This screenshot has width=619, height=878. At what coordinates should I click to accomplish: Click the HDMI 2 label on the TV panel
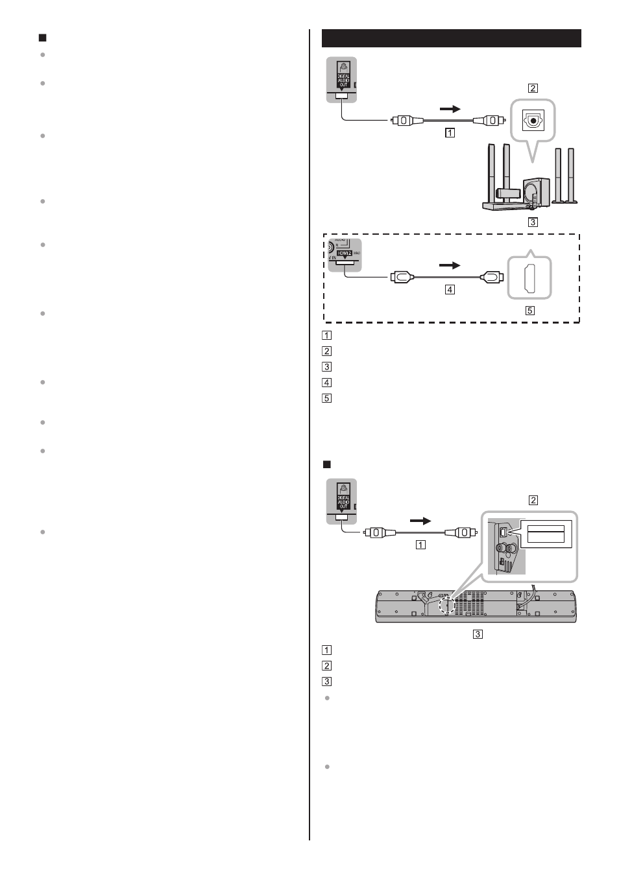click(x=343, y=253)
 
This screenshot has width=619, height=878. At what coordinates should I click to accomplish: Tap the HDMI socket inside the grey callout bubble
click(x=529, y=278)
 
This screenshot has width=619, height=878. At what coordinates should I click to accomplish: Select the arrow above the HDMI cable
click(x=449, y=265)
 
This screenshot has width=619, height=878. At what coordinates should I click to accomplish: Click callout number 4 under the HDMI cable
click(x=450, y=290)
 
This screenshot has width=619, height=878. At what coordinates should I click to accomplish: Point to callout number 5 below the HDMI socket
click(x=529, y=311)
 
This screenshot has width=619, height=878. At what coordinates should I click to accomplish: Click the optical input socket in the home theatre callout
click(x=533, y=120)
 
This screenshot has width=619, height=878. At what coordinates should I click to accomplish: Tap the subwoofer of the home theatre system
click(x=536, y=192)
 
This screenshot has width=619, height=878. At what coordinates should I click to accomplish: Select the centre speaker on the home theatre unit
click(x=507, y=193)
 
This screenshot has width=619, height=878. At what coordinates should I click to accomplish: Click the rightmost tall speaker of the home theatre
click(x=571, y=175)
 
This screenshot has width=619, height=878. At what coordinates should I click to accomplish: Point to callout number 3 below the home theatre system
click(x=533, y=222)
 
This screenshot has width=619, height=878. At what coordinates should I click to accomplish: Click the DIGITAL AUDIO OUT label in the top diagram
click(x=343, y=80)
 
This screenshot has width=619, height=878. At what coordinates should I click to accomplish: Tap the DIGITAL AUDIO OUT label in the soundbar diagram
click(x=343, y=503)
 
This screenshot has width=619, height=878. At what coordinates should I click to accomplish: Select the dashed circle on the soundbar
click(x=447, y=604)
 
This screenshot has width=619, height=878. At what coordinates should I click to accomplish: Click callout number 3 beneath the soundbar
click(x=478, y=634)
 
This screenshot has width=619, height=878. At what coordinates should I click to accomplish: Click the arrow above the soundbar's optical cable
click(x=420, y=521)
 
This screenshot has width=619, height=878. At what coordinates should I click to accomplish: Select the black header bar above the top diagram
click(x=451, y=38)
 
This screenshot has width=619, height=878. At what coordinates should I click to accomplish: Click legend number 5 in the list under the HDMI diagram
click(x=326, y=398)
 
